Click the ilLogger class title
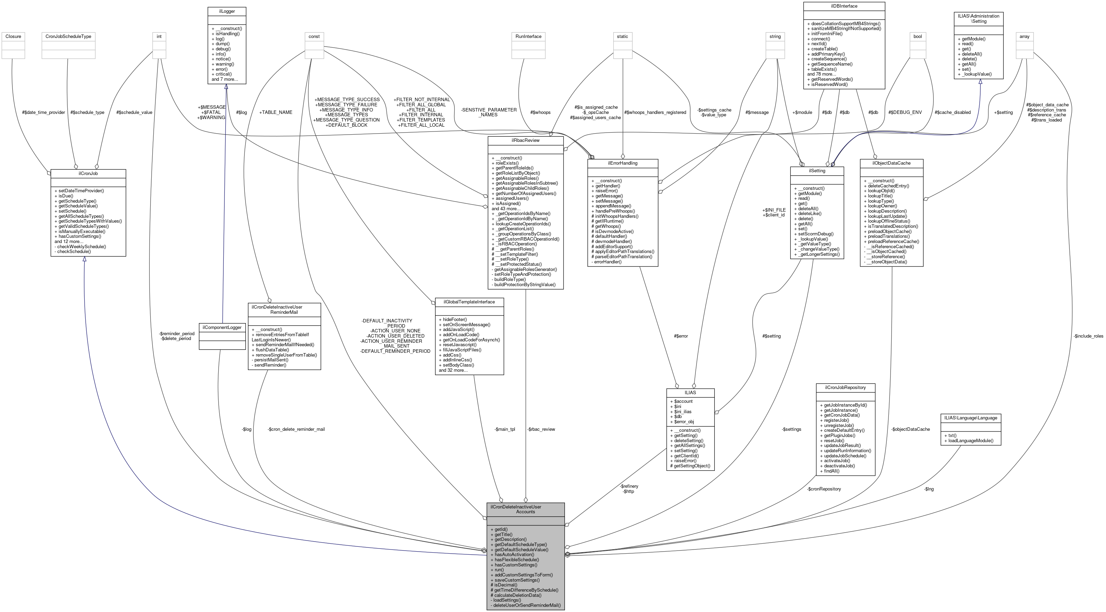[x=227, y=11]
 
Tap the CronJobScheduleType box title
[x=68, y=37]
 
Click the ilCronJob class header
[x=88, y=173]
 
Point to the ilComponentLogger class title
[x=222, y=328]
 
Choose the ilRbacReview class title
[x=526, y=140]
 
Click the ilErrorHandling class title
[x=623, y=163]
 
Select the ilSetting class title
[x=817, y=171]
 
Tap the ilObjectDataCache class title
[x=891, y=163]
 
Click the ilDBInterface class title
[x=844, y=6]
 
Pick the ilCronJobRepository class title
[x=845, y=388]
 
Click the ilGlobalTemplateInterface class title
[x=469, y=302]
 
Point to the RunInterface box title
[x=528, y=37]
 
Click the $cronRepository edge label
[x=824, y=489]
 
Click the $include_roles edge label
[x=1088, y=336]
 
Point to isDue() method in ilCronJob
[x=66, y=196]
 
